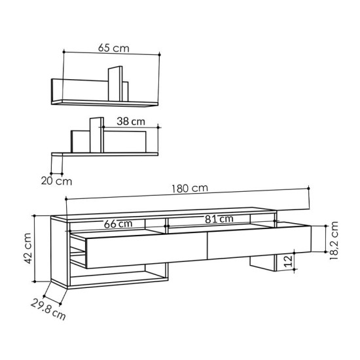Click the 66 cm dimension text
point(118,223)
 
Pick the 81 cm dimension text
point(217,219)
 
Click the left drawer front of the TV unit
point(145,251)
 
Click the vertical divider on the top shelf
point(115,83)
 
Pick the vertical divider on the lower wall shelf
point(96,134)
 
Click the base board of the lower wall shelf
point(105,154)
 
